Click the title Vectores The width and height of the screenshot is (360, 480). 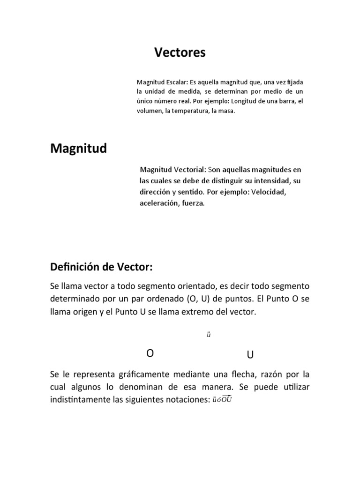point(180,53)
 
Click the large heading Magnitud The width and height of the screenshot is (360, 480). point(78,149)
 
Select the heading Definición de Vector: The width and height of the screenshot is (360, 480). point(101,267)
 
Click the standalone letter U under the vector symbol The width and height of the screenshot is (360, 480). point(250,355)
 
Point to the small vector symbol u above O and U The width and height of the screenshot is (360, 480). point(209,335)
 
